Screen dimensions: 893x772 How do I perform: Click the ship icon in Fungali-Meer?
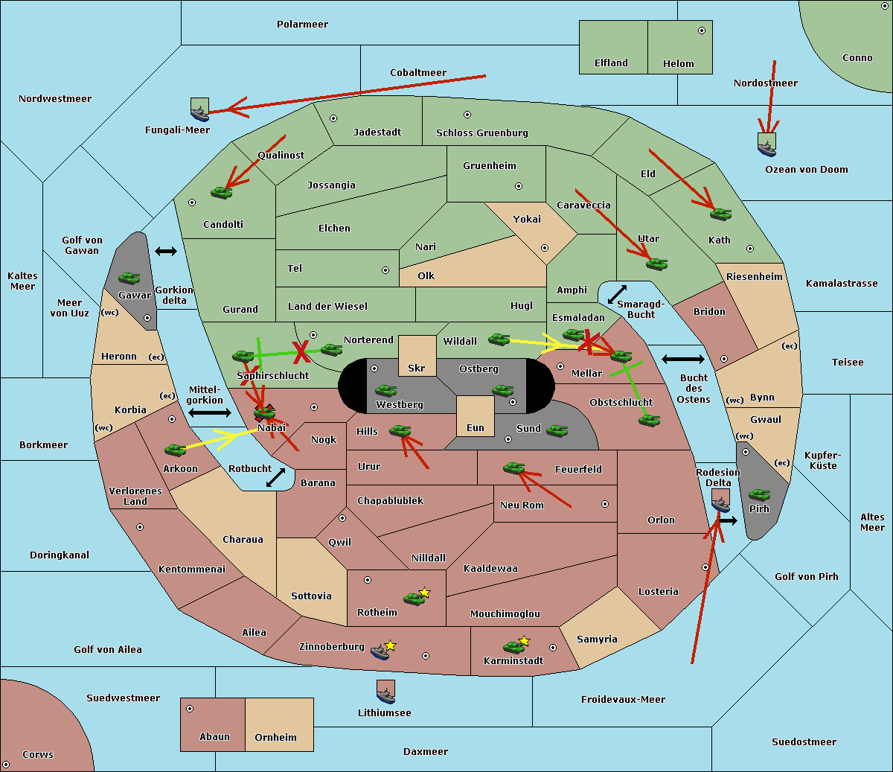coord(199,114)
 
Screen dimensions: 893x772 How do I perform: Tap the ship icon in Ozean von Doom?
coord(766,149)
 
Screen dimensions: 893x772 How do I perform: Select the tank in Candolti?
coord(221,192)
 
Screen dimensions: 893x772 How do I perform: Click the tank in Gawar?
coord(129,278)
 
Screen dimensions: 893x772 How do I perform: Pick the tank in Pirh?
coord(759,494)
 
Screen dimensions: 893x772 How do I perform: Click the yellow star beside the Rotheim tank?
coord(424,592)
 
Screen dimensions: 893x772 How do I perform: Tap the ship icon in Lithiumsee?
coord(385,696)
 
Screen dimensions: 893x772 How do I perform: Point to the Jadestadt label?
coord(377,132)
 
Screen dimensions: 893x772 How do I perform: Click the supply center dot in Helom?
coord(702,31)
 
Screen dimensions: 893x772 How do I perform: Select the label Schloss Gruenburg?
coord(482,133)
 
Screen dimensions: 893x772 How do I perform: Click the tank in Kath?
coord(720,214)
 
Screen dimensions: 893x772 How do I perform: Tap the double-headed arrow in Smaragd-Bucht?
coord(617,294)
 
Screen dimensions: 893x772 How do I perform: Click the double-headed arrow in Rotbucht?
coord(275,478)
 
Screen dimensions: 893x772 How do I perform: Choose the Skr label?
coord(416,368)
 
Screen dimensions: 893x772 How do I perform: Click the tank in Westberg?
coord(385,391)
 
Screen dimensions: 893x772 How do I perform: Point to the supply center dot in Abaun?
coord(190,709)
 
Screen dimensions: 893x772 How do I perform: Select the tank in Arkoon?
coord(176,450)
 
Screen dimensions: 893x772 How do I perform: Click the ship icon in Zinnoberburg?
coord(380,653)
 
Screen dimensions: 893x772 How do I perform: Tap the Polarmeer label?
coord(302,25)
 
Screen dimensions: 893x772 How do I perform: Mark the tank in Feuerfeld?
coord(514,468)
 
